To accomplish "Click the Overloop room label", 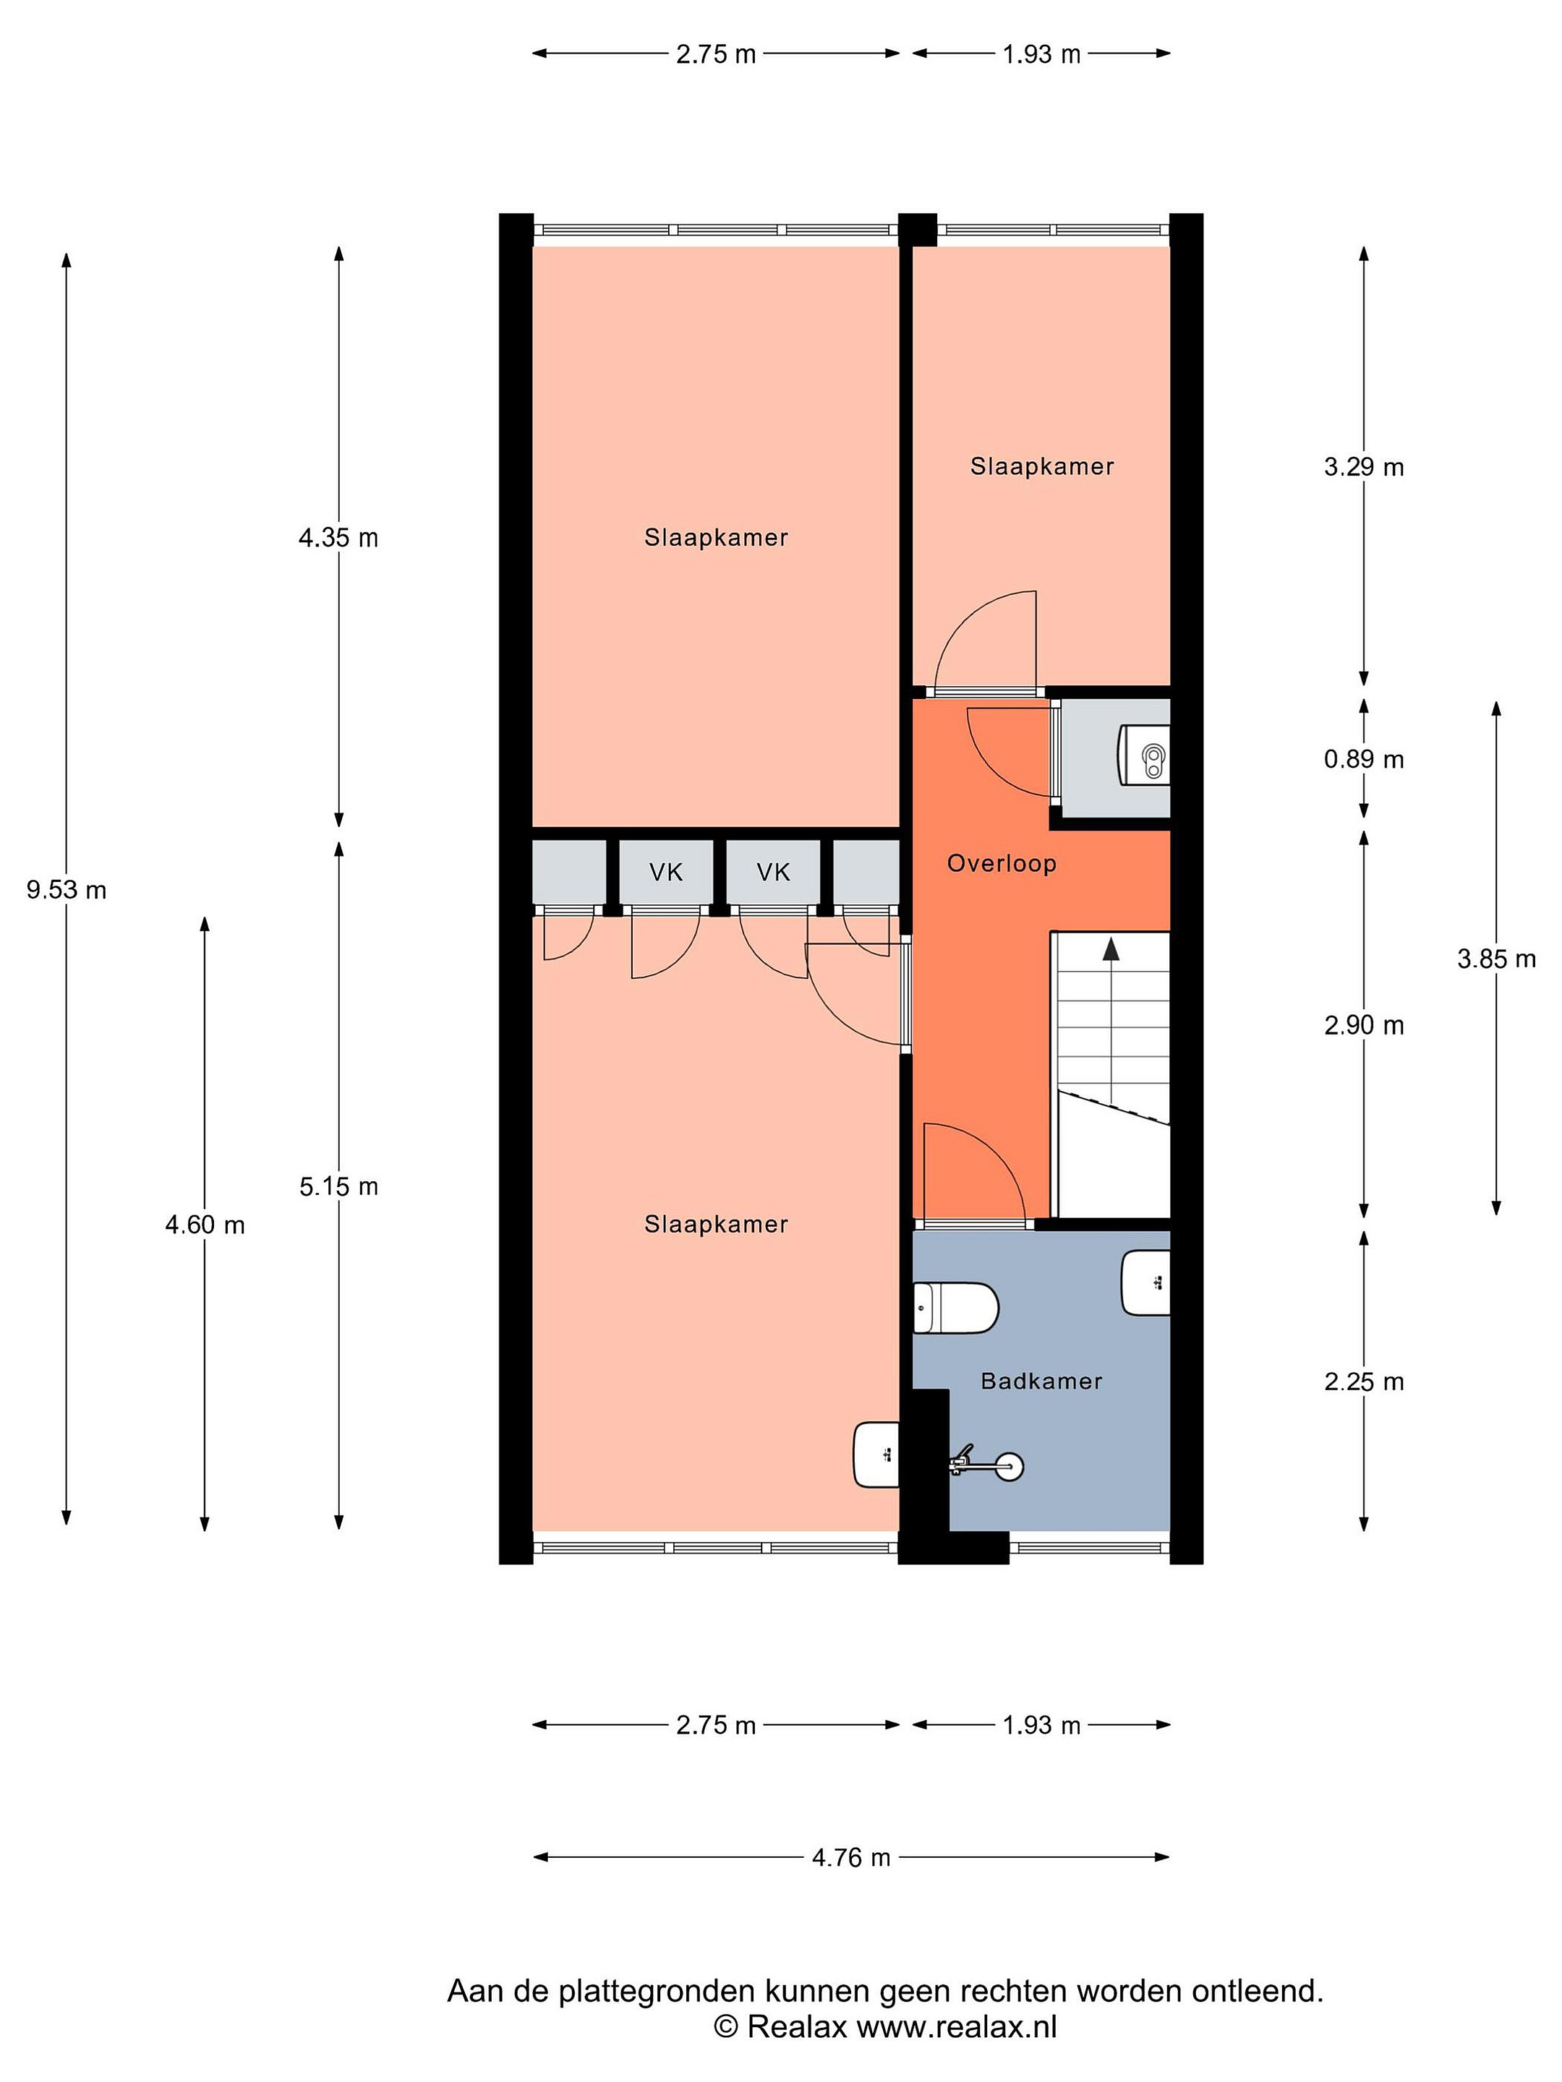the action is (x=1001, y=863).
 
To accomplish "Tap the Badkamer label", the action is (x=1041, y=1381).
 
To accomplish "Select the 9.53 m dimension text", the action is (x=66, y=889).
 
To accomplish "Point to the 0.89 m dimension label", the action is (x=1363, y=758).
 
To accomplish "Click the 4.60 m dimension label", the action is (x=205, y=1225).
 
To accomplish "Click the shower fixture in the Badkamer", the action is (x=986, y=1465).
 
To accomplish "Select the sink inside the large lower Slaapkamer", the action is (x=876, y=1455).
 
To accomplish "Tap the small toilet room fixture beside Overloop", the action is (x=1144, y=758).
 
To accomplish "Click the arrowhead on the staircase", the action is (x=1111, y=948).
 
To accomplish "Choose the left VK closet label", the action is (x=666, y=873).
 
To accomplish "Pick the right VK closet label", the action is (x=773, y=873).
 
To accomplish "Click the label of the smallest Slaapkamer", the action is (x=1041, y=466).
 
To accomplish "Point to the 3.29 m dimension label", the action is (x=1363, y=467).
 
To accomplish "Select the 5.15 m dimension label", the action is (x=339, y=1187).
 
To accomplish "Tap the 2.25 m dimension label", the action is (x=1363, y=1381).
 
